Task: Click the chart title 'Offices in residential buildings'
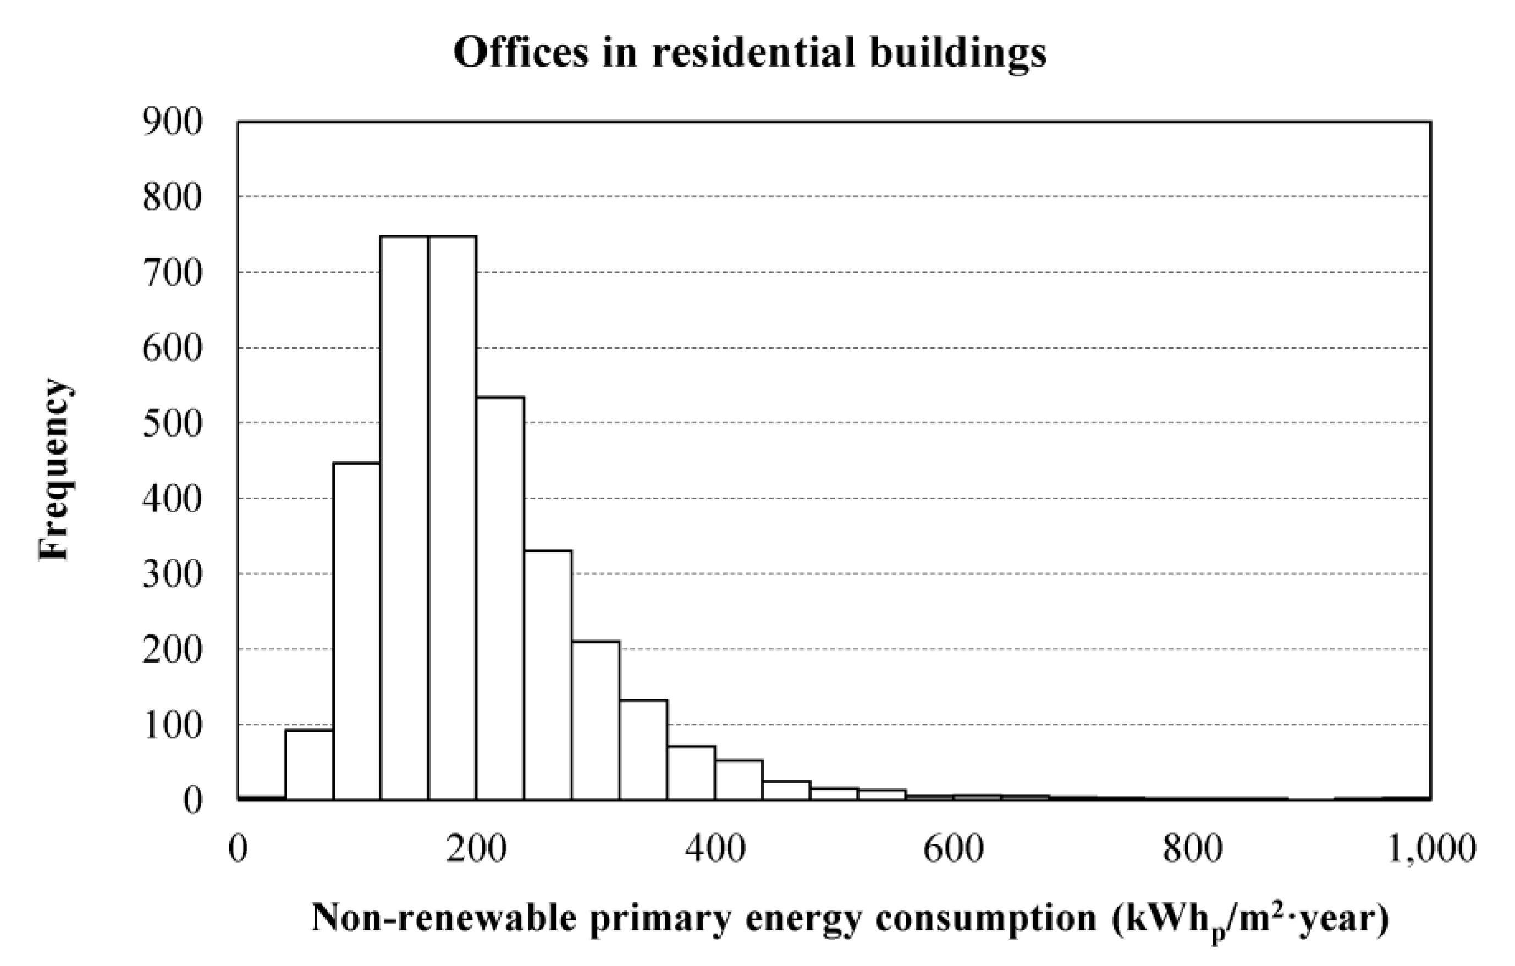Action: pyautogui.click(x=750, y=53)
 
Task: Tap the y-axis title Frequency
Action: pyautogui.click(x=53, y=469)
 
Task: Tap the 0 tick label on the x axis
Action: pyautogui.click(x=238, y=849)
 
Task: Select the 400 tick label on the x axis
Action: pyautogui.click(x=715, y=849)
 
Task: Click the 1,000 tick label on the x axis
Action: pyautogui.click(x=1429, y=849)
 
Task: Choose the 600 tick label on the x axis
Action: pyautogui.click(x=954, y=849)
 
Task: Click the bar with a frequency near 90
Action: pyautogui.click(x=309, y=764)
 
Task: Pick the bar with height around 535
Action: pyautogui.click(x=500, y=598)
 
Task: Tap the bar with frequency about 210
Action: pyautogui.click(x=596, y=720)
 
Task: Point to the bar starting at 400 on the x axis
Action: pyautogui.click(x=739, y=780)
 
